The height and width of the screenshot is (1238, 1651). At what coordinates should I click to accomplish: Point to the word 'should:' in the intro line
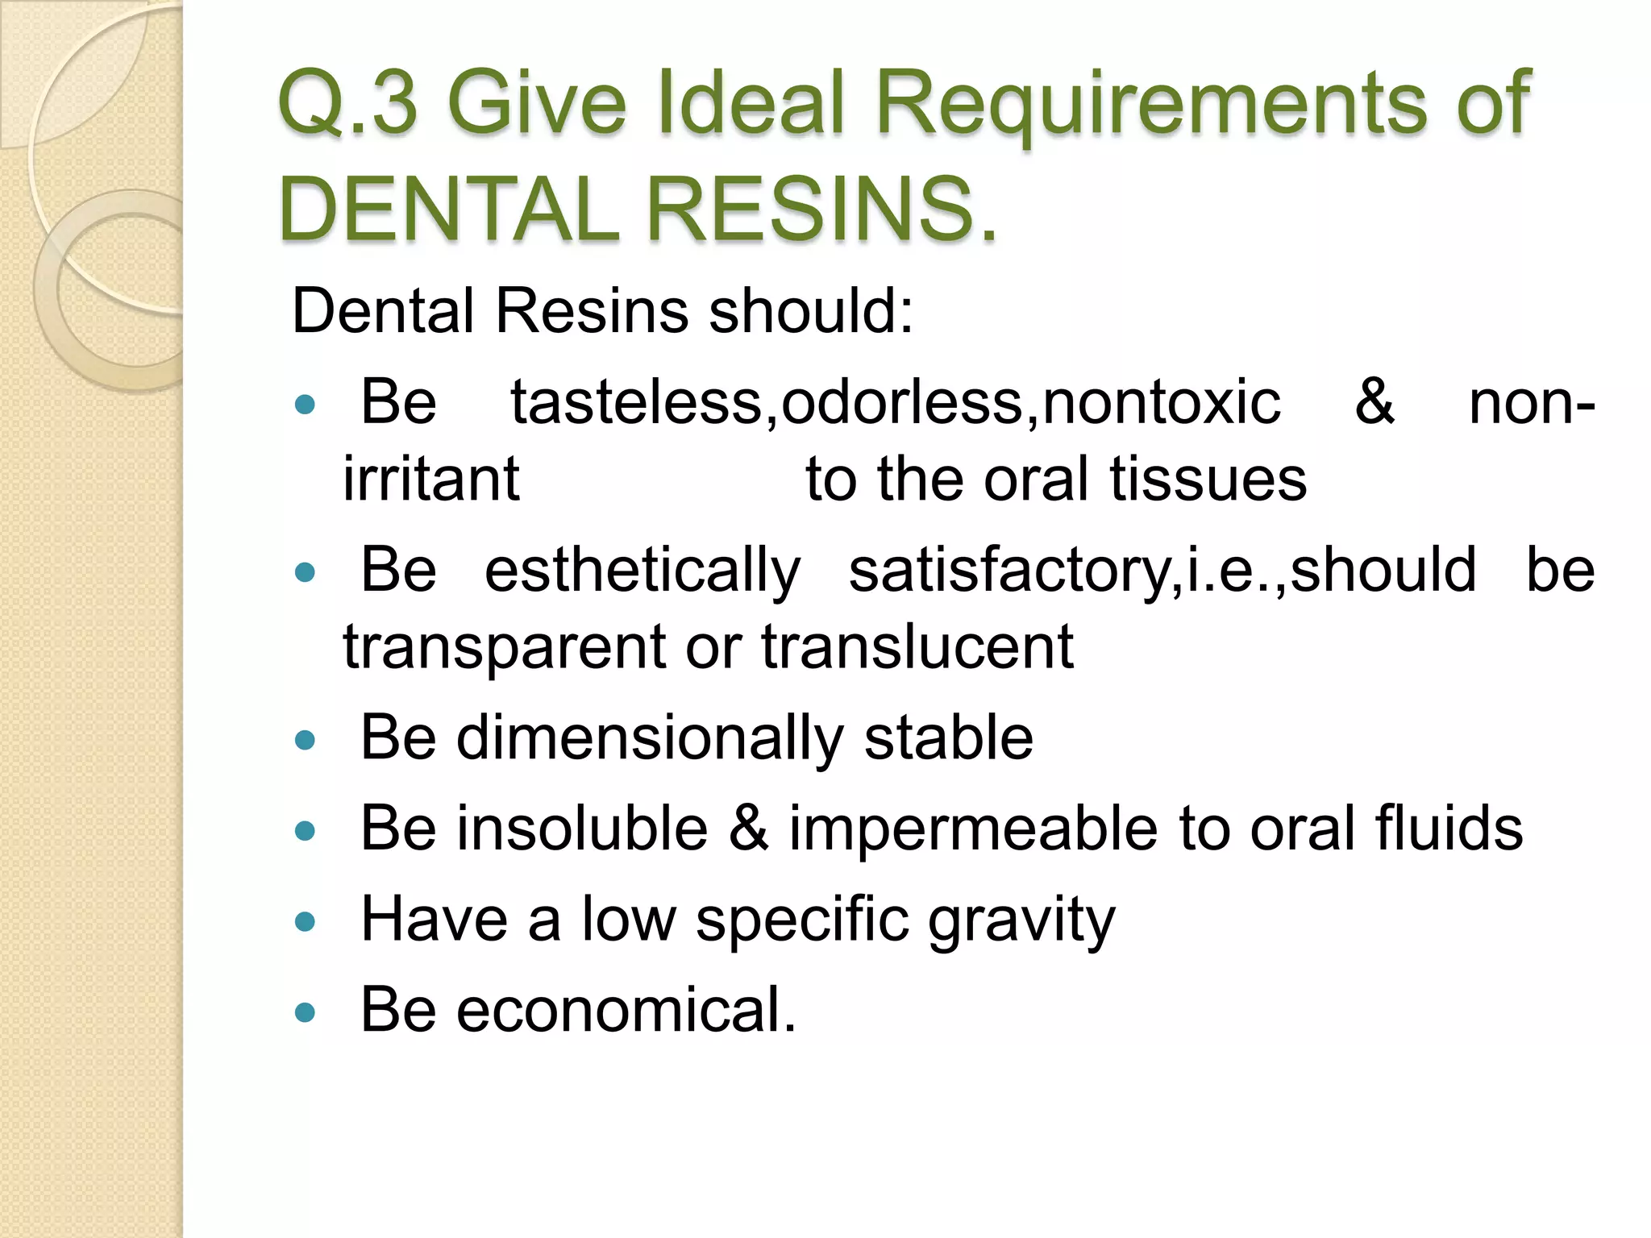[811, 311]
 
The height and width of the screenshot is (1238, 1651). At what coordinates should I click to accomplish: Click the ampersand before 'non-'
[1374, 401]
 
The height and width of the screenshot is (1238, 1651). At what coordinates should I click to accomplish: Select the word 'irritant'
[431, 479]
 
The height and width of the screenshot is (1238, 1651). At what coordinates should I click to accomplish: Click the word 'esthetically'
[643, 571]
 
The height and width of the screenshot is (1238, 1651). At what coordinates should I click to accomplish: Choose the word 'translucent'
[917, 646]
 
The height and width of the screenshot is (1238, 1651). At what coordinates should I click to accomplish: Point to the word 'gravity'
[1021, 920]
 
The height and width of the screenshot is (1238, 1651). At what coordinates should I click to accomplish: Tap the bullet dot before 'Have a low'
[305, 921]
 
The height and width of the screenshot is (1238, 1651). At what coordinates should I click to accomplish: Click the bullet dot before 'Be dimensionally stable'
[305, 740]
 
